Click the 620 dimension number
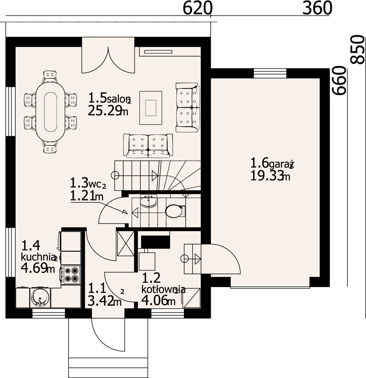click(x=198, y=8)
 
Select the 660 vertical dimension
click(x=339, y=81)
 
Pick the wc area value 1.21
click(x=82, y=196)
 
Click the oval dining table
click(x=50, y=112)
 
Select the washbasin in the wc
click(x=149, y=201)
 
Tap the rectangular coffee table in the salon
click(x=151, y=108)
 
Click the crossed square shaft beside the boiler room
click(x=125, y=244)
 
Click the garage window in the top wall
click(x=270, y=73)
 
